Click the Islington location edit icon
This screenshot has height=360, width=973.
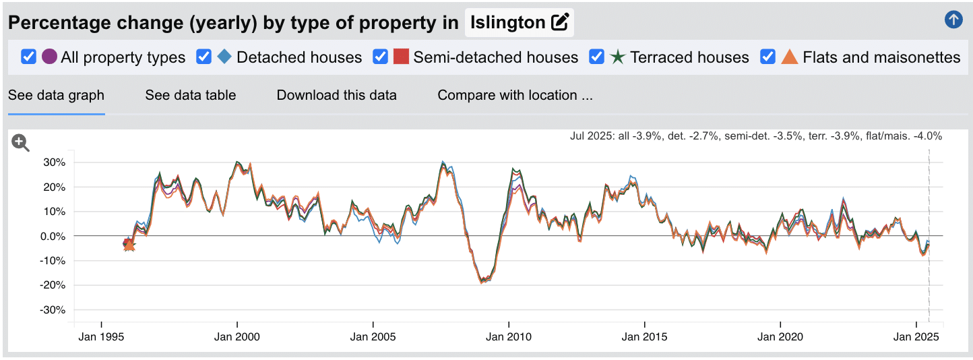[x=560, y=22]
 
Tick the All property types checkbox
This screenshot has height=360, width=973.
[x=28, y=57]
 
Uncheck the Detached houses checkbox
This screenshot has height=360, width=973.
[x=204, y=57]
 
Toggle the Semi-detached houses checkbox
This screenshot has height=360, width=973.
[x=381, y=57]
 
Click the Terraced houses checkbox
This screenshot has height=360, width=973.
[x=597, y=57]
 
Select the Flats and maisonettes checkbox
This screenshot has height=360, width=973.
[x=768, y=57]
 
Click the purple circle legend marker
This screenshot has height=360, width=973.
[x=49, y=57]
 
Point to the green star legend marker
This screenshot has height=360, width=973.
[x=618, y=57]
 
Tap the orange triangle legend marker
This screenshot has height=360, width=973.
[x=790, y=57]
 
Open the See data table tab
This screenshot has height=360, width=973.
[x=191, y=95]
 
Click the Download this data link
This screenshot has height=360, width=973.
[x=337, y=95]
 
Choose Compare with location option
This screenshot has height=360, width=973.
[x=515, y=95]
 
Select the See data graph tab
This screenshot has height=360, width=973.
[x=56, y=95]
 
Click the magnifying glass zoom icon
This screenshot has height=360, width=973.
[x=21, y=143]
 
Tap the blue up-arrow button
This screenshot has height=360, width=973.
[x=953, y=20]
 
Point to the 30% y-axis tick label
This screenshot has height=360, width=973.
[x=53, y=162]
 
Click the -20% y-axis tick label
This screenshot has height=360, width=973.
[x=52, y=285]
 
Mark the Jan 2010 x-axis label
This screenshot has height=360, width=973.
[x=508, y=336]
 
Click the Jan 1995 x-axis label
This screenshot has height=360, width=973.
[x=101, y=336]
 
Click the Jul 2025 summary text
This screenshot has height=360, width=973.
[x=755, y=136]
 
